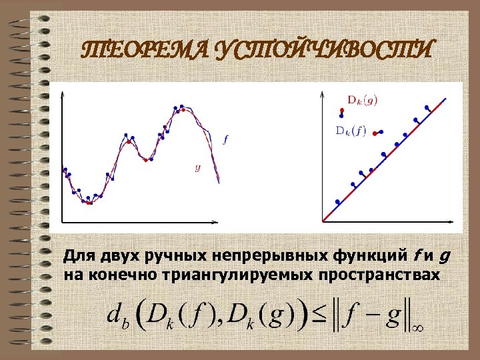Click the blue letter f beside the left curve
coord(225,139)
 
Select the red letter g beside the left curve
coord(197,167)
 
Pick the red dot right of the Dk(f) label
coord(375,134)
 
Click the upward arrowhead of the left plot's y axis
coord(61,93)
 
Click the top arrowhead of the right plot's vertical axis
coord(323,92)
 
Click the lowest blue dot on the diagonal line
coord(337,201)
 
